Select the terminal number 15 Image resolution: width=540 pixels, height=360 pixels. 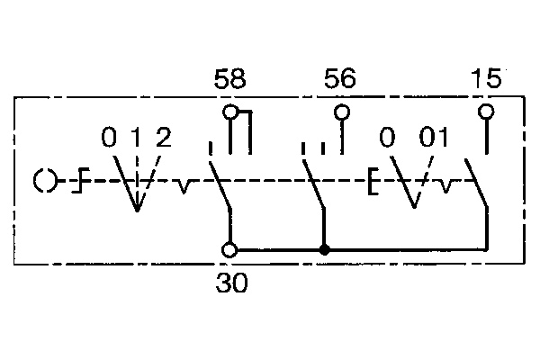(486, 81)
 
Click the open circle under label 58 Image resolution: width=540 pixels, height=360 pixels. (231, 112)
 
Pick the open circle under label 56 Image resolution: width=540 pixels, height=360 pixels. (341, 112)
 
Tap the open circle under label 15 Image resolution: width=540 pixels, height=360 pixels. (486, 112)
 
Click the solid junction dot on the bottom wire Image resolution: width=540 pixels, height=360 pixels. (325, 249)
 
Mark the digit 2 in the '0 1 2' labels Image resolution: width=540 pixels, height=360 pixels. (163, 139)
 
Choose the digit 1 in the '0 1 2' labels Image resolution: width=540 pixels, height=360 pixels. (137, 139)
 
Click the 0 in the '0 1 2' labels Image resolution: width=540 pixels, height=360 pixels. (109, 139)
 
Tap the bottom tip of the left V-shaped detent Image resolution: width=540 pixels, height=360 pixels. (137, 211)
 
